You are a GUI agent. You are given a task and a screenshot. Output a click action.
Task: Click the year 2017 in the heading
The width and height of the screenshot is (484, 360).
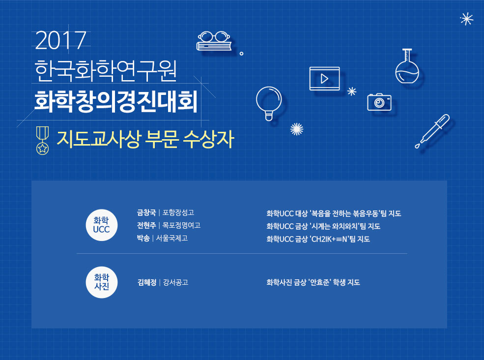(x=60, y=40)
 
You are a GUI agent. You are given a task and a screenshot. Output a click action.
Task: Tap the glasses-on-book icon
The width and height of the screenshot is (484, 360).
(x=214, y=41)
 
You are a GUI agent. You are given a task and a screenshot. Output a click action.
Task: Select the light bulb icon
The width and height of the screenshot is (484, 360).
(x=269, y=103)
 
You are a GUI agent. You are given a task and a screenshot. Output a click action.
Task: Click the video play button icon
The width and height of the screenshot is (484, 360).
(x=324, y=79)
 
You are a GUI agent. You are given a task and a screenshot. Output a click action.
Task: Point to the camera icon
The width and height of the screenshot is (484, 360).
(x=379, y=102)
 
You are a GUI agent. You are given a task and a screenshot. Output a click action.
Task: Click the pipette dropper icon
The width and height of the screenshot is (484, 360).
(x=432, y=131)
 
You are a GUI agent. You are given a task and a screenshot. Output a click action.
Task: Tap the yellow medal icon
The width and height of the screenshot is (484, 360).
(x=42, y=140)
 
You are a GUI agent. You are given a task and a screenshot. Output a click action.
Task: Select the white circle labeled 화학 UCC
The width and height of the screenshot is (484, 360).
(x=102, y=225)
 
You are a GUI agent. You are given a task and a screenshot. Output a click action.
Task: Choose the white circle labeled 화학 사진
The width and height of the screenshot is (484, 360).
(x=102, y=282)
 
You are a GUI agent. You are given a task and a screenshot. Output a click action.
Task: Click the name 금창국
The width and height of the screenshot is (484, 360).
(x=146, y=212)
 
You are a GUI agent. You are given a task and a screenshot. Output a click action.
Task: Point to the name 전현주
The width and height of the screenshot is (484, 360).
(x=146, y=225)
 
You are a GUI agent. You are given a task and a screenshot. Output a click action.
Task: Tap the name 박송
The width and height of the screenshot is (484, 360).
(x=143, y=238)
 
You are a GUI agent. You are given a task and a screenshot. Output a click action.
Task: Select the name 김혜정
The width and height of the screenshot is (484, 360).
(x=147, y=282)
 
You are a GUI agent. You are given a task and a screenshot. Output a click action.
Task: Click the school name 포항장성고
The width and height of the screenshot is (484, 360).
(x=178, y=212)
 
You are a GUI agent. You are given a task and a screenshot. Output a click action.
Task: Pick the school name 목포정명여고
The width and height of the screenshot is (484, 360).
(x=181, y=225)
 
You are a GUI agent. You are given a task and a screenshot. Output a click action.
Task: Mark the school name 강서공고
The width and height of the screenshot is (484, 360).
(x=175, y=282)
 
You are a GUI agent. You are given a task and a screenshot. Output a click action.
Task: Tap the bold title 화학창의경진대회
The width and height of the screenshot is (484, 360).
(x=116, y=102)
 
